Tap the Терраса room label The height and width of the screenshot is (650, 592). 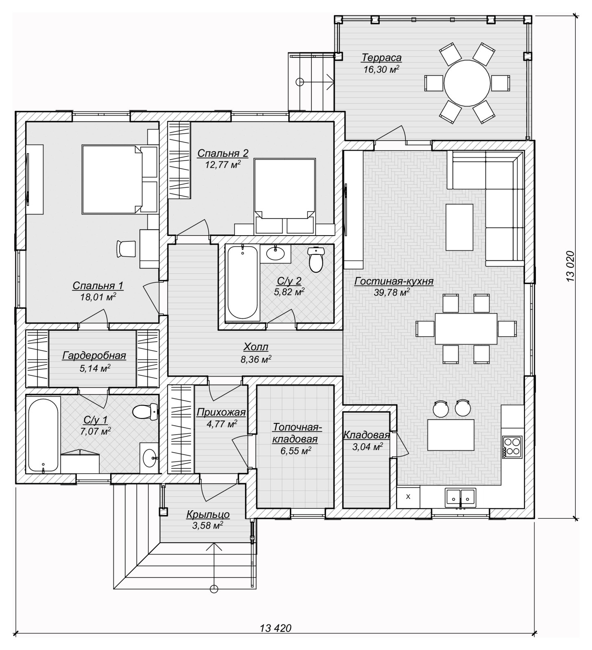click(x=381, y=58)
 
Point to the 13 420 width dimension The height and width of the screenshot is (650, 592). click(x=276, y=628)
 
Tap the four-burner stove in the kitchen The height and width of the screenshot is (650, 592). click(x=512, y=446)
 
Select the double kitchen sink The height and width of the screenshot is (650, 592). click(x=460, y=497)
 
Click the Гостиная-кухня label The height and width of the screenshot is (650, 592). click(x=394, y=281)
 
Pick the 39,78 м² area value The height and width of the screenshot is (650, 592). click(x=392, y=292)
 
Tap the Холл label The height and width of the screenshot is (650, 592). click(x=256, y=347)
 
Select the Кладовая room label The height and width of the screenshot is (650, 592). click(x=367, y=435)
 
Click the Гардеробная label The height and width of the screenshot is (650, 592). click(x=94, y=356)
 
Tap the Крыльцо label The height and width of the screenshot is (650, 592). click(x=208, y=515)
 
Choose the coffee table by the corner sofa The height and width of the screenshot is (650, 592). click(x=459, y=227)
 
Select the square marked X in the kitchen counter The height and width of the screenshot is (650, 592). click(x=408, y=496)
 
